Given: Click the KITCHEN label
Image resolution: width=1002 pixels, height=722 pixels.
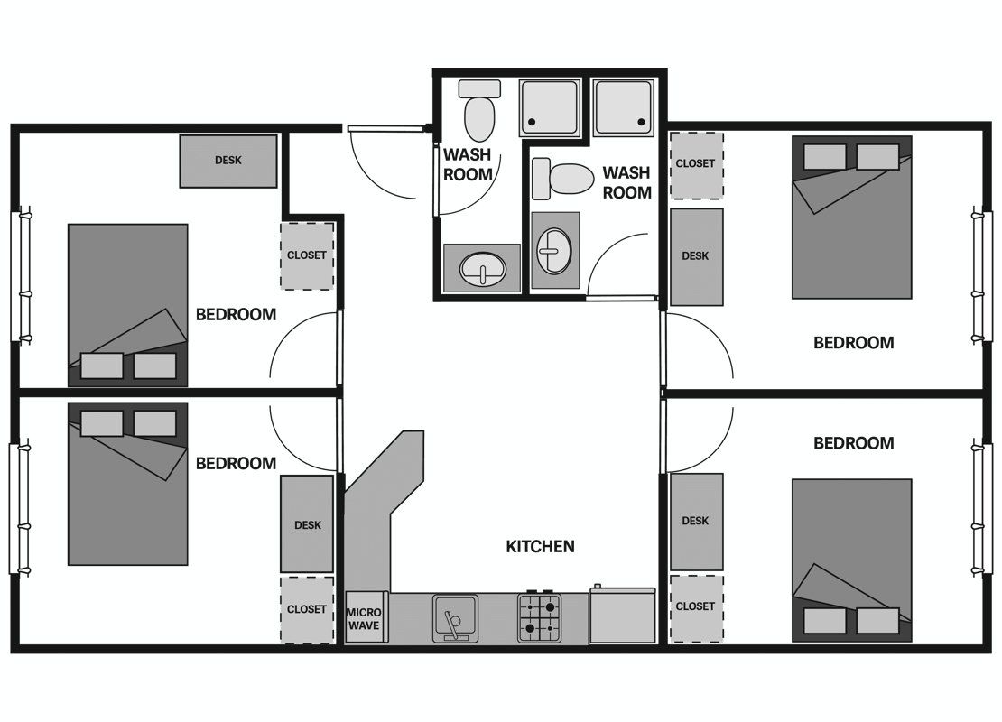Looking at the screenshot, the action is point(540,546).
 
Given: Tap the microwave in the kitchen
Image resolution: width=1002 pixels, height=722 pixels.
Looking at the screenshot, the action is point(364,618).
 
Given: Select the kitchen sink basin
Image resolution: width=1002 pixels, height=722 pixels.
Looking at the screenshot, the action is point(455,618).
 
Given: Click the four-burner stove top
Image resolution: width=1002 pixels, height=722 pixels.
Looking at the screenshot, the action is point(539,617).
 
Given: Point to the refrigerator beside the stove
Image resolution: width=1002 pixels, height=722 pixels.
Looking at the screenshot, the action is point(623,614).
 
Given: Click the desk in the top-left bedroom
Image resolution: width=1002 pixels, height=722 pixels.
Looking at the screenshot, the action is point(228,161).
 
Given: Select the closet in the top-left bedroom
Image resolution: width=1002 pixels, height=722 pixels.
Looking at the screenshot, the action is point(307,255).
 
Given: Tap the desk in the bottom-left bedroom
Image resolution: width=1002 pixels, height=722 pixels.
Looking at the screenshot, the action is point(307,523).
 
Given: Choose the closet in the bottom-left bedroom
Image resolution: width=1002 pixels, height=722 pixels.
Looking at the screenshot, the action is point(307,609).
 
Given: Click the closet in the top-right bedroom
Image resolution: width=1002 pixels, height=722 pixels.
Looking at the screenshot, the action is point(695,165).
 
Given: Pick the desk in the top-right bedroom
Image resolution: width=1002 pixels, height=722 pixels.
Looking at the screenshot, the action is point(696,257).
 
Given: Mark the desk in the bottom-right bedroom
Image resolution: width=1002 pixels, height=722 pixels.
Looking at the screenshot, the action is point(696,522).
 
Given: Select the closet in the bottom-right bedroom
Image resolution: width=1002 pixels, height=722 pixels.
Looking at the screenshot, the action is point(696,607).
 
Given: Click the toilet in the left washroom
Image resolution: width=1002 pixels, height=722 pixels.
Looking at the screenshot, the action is point(479,110).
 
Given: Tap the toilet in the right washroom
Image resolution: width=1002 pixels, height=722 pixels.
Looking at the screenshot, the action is point(563,179).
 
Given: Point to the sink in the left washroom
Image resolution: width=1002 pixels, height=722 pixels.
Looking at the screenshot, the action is point(482,268).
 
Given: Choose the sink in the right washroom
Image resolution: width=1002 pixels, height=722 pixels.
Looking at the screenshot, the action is point(554,251).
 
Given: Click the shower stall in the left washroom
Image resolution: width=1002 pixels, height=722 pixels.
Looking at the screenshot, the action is point(550,107).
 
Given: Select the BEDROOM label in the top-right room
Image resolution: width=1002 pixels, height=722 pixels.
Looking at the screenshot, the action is point(853,342).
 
